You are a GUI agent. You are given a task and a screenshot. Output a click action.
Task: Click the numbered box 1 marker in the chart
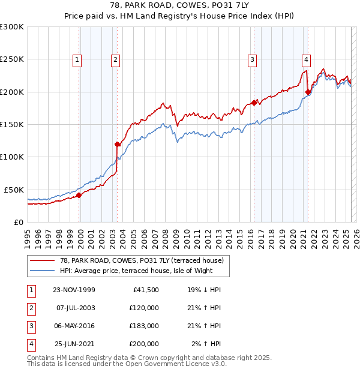(x=79, y=59)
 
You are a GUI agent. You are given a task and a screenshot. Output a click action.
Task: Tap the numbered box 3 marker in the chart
(x=253, y=59)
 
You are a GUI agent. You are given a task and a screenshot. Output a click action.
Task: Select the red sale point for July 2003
(x=117, y=144)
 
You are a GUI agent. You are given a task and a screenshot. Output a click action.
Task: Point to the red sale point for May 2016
(x=254, y=103)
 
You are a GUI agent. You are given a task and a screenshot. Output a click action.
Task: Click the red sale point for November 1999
(x=79, y=195)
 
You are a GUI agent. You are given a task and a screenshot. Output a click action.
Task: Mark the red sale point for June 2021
(x=308, y=92)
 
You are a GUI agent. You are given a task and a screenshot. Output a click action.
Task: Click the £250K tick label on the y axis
(x=11, y=59)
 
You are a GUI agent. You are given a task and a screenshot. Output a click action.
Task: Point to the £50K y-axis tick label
(x=14, y=190)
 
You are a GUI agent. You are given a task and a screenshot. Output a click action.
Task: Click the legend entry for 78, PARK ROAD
(x=141, y=260)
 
